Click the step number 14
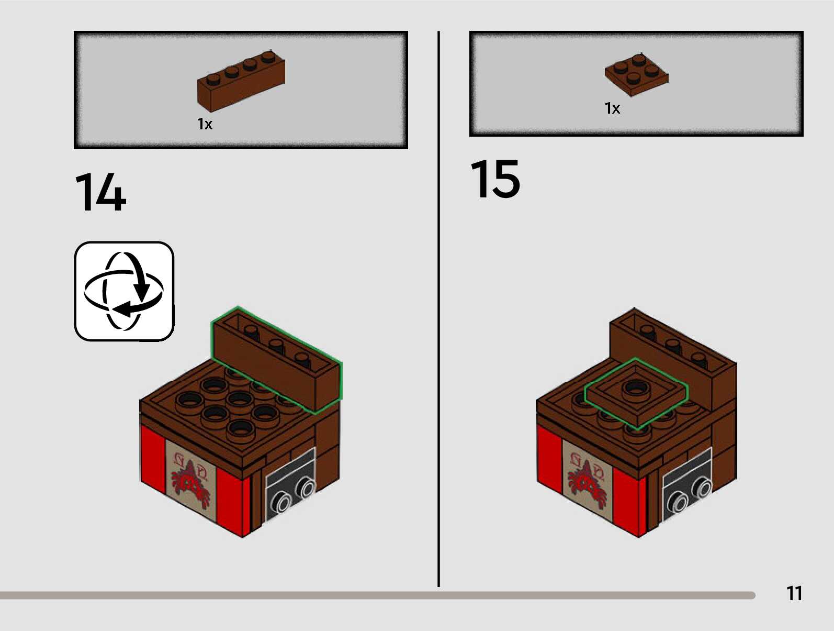coord(100,192)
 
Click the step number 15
coord(495,180)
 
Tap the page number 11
coord(794,593)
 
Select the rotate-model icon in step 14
coord(124,291)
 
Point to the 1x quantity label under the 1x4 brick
coord(205,124)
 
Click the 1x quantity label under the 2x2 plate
coord(612,108)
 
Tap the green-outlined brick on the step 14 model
coord(276,361)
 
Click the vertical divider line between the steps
coord(438,309)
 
